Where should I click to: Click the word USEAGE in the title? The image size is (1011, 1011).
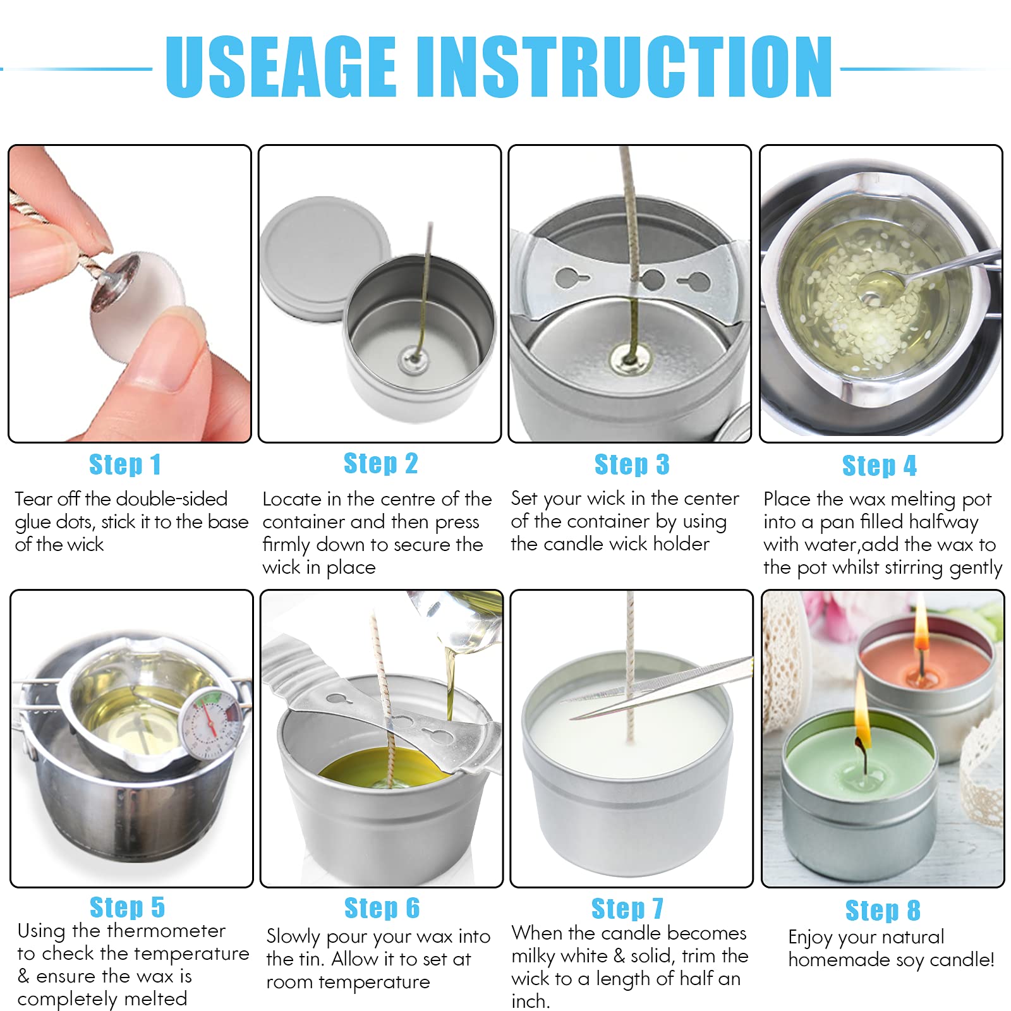tap(281, 66)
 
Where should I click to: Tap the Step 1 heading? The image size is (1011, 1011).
tap(125, 464)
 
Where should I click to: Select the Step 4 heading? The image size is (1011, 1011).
tap(880, 466)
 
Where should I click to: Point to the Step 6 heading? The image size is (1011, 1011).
tap(382, 908)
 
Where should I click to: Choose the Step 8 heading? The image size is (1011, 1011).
tap(883, 911)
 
